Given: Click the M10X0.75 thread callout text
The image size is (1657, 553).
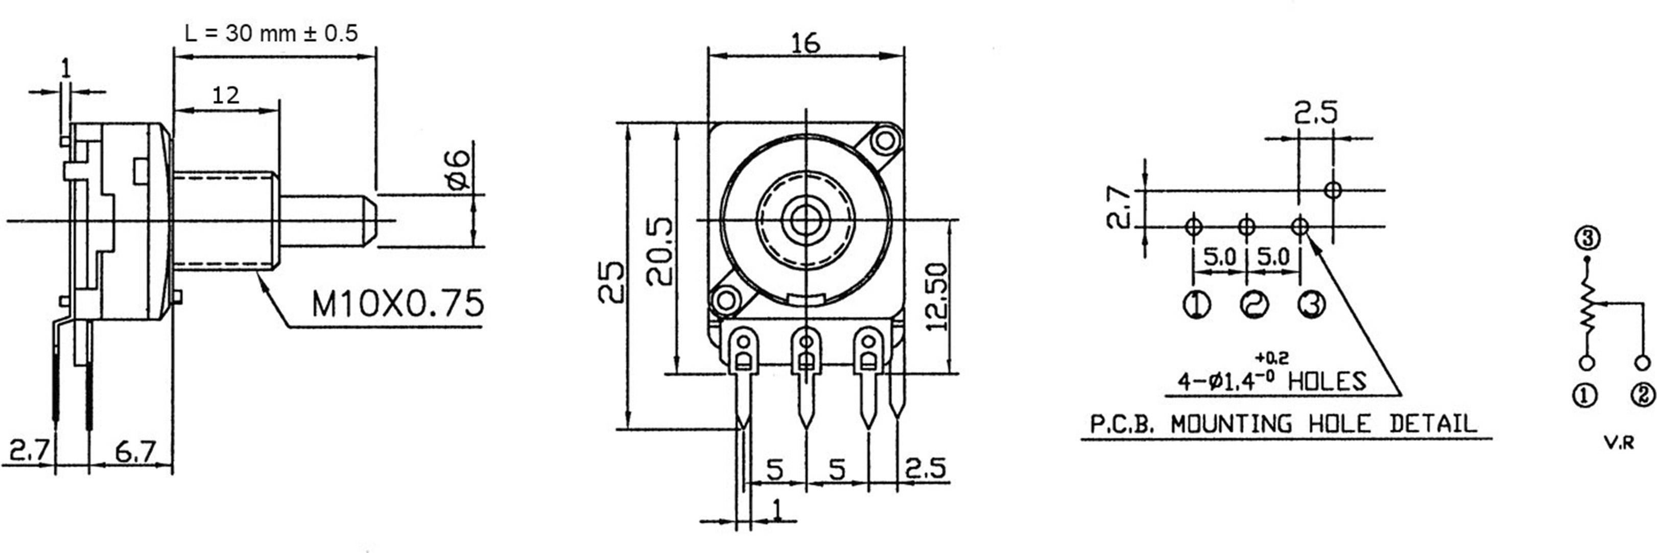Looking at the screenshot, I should (397, 303).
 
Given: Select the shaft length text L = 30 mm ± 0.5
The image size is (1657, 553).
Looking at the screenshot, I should (271, 33).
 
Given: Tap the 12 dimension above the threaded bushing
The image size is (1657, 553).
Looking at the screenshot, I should (226, 95).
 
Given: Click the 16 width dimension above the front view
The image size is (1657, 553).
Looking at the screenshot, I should (806, 43).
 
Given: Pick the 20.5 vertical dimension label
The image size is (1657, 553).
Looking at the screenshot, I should (660, 252).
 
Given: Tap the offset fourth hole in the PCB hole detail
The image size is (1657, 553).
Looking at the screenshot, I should (1333, 190).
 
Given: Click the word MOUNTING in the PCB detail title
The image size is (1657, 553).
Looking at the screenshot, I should (1230, 406).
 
